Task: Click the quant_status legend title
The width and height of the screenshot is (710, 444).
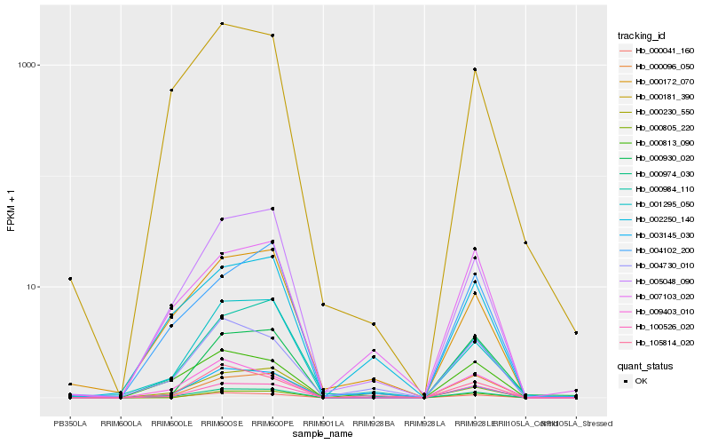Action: pyautogui.click(x=645, y=365)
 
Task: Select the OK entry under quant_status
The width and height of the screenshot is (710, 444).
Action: pyautogui.click(x=641, y=381)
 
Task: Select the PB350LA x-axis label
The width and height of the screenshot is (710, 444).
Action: pyautogui.click(x=70, y=424)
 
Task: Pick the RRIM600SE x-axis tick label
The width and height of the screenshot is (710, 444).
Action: pyautogui.click(x=221, y=424)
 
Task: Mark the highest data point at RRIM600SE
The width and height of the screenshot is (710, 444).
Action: pyautogui.click(x=222, y=24)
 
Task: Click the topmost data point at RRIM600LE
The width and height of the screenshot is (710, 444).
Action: pyautogui.click(x=170, y=91)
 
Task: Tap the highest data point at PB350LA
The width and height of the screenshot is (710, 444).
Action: pyautogui.click(x=70, y=279)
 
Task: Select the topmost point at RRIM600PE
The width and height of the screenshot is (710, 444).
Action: pyautogui.click(x=272, y=36)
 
